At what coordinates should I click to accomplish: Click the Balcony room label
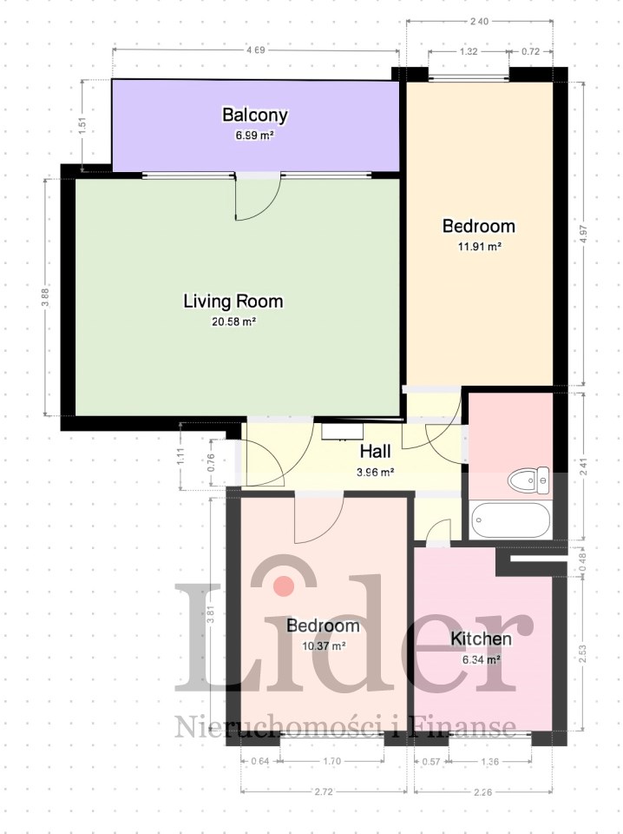tap(255, 115)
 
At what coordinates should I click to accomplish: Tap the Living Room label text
tap(233, 301)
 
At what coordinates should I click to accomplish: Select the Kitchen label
tap(482, 639)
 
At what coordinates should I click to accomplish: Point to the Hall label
tap(376, 452)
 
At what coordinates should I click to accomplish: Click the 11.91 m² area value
tap(480, 247)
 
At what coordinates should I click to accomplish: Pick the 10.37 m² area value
tap(324, 646)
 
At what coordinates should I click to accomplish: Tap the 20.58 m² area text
tap(234, 321)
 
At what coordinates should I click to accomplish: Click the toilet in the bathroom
tap(528, 480)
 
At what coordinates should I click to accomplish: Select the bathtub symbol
tap(510, 520)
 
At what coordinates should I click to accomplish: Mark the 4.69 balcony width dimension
tap(255, 50)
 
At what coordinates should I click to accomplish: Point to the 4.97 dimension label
tap(583, 234)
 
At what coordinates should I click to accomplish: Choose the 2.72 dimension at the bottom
tap(324, 791)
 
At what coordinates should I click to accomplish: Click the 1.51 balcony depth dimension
tap(82, 126)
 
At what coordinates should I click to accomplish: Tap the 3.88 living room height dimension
tap(45, 297)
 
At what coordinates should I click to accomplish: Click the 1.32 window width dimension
tap(468, 51)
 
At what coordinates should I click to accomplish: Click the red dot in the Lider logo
tap(284, 586)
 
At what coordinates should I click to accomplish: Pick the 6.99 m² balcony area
tap(255, 136)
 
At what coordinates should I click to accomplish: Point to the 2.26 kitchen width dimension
tap(482, 792)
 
